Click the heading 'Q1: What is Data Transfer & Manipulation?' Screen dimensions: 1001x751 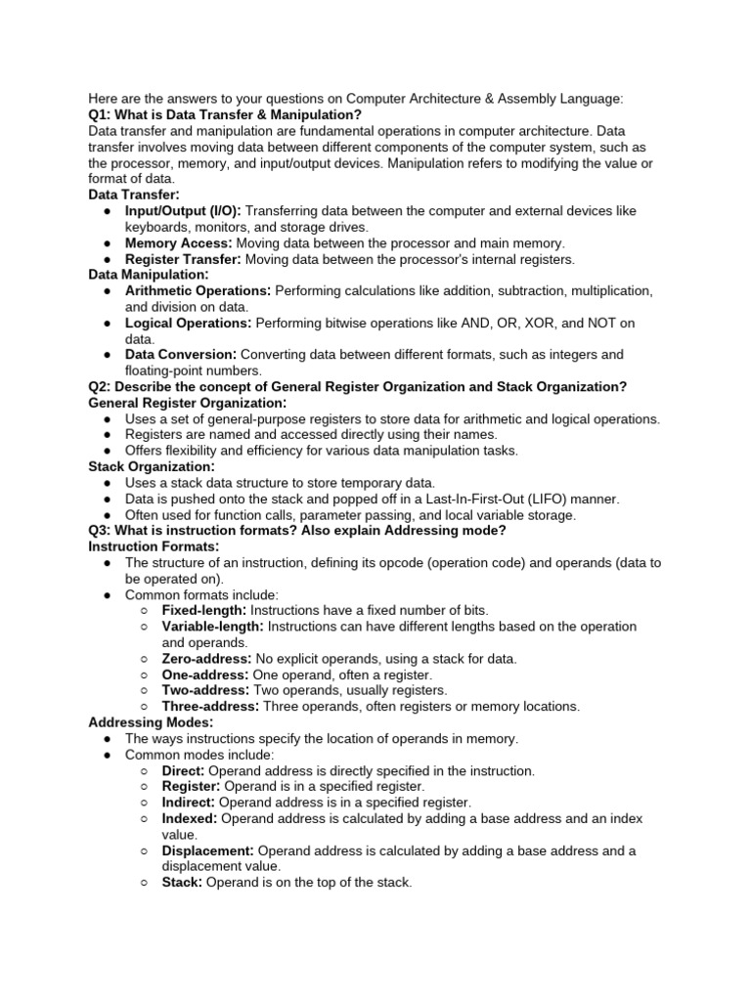(x=225, y=114)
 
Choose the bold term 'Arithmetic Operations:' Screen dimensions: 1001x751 (x=199, y=291)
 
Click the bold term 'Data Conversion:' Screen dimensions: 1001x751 (x=181, y=354)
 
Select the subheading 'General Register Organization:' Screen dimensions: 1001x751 (x=187, y=403)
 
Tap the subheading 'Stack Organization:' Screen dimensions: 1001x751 (x=152, y=467)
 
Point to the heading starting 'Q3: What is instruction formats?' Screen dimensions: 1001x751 (x=296, y=531)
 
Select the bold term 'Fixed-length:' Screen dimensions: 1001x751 (x=204, y=610)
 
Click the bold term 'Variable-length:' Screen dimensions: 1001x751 (x=212, y=626)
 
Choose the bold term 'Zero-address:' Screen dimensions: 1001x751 (x=206, y=659)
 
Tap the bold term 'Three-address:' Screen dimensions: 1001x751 (x=210, y=706)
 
